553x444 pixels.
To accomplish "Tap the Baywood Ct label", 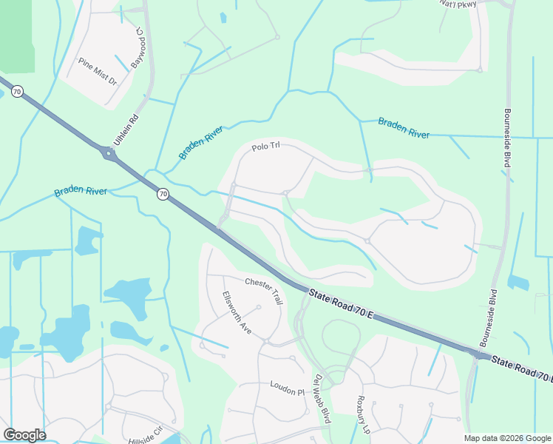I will point(138,48).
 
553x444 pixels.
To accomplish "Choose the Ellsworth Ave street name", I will point(237,312).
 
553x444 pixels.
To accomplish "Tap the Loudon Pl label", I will point(287,386).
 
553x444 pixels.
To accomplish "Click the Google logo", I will point(24,435).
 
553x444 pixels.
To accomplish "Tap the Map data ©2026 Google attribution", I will point(507,438).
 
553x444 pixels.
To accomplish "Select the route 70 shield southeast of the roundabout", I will point(162,194).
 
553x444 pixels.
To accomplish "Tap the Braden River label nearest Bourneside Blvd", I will point(404,127).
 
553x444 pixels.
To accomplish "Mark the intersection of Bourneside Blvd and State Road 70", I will point(479,356).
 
